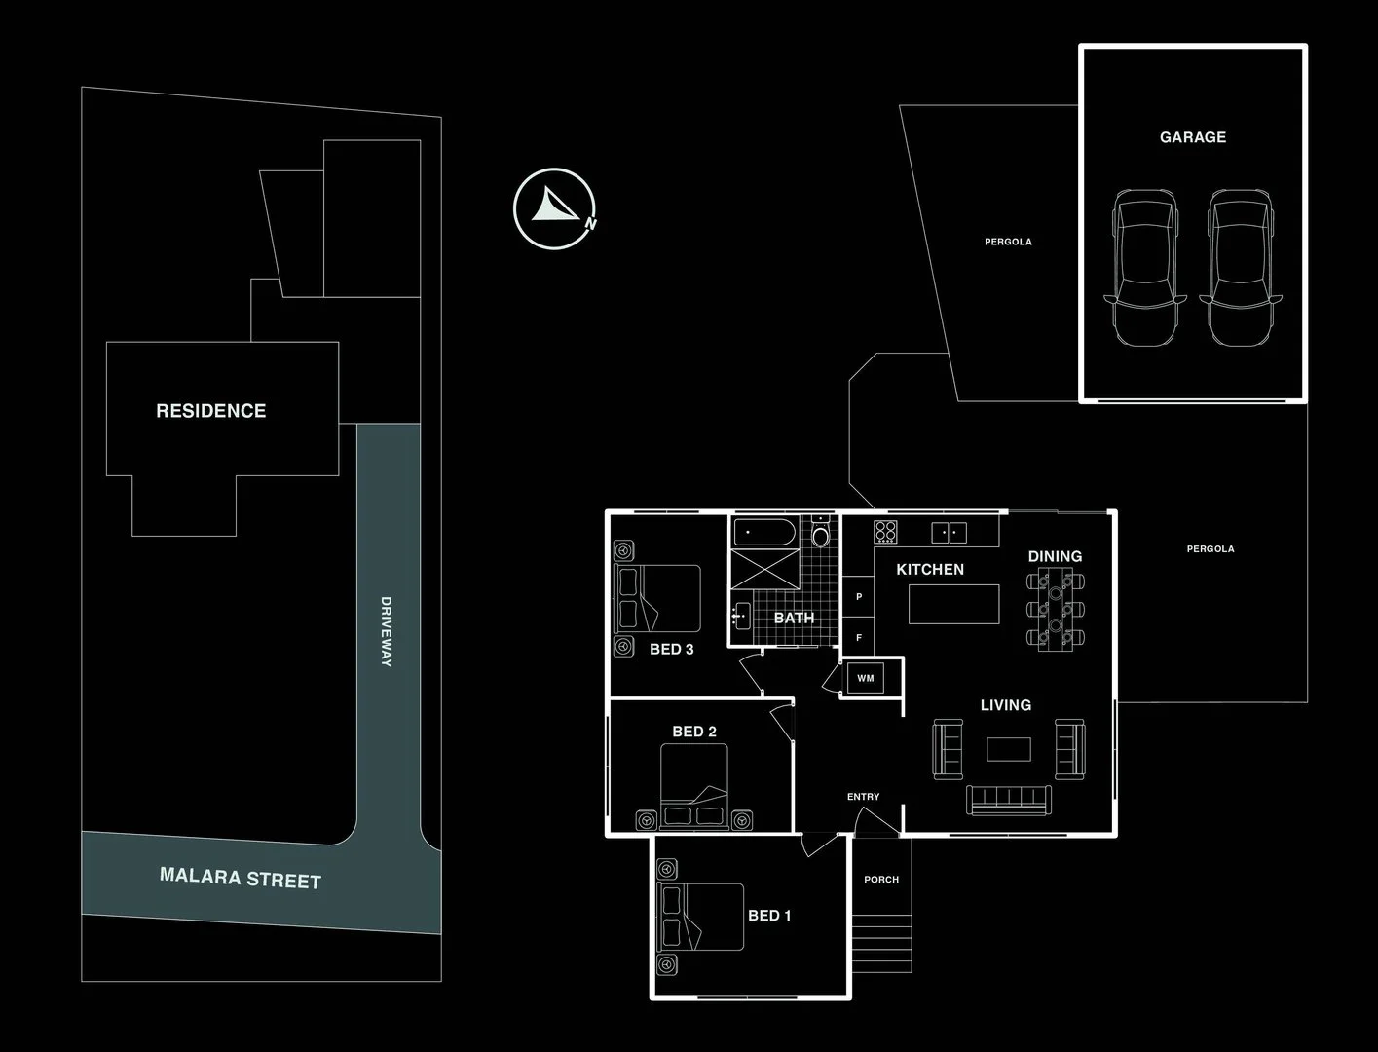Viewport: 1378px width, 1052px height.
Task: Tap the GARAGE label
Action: pos(1192,137)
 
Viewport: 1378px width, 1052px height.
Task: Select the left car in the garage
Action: pos(1146,268)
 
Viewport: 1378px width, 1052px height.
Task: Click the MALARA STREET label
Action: pos(241,879)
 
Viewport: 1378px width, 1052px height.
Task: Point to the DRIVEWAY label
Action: pos(386,631)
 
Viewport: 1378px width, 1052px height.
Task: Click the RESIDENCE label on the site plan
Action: pos(210,411)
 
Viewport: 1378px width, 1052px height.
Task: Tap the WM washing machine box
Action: pos(865,678)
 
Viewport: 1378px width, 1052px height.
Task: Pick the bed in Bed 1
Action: pos(701,918)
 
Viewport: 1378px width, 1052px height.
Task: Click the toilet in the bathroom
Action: pos(820,535)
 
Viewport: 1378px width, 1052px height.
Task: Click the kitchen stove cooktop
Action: pos(885,532)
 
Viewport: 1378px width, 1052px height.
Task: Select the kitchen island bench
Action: pos(953,604)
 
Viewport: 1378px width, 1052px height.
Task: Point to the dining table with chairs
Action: pos(1055,610)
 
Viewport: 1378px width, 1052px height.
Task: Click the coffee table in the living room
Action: pos(1008,748)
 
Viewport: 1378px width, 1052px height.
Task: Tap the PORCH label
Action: pos(881,880)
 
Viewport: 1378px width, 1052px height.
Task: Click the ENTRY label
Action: pos(863,797)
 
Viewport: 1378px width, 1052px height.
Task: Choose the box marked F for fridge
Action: pos(859,637)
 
